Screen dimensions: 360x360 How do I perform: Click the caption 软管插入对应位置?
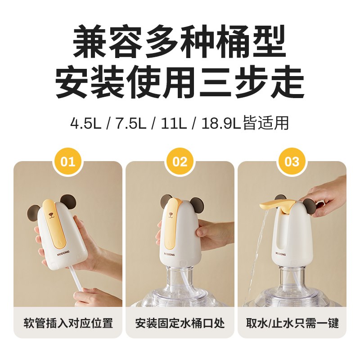click(67, 323)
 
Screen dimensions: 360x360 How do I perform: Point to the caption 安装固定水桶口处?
click(180, 323)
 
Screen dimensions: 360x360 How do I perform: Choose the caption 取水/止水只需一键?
click(292, 323)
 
